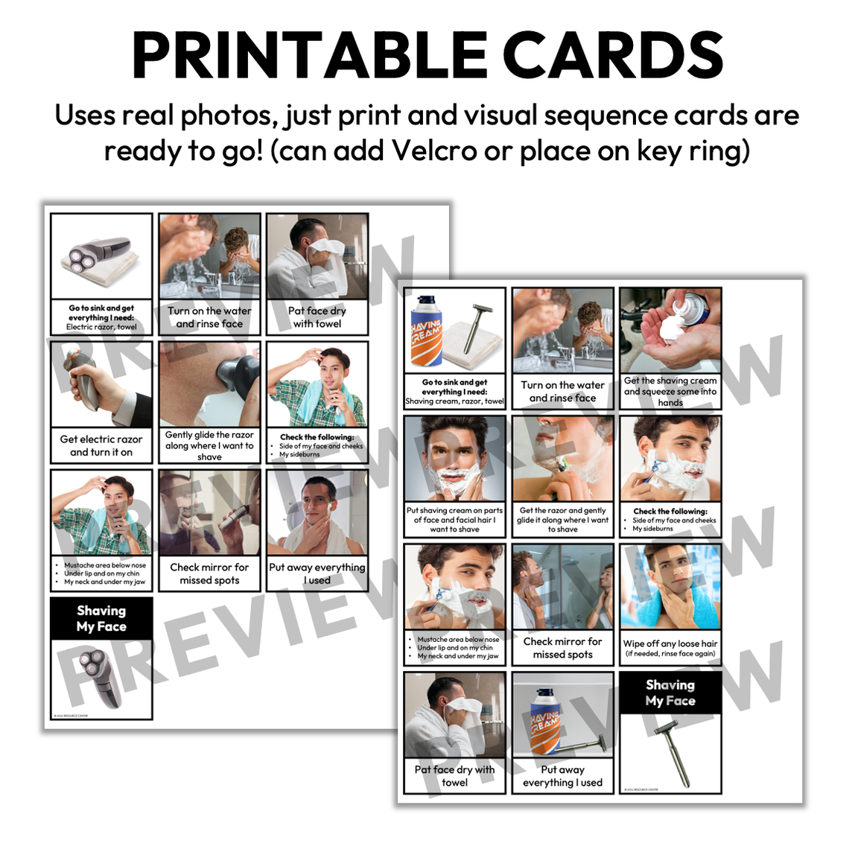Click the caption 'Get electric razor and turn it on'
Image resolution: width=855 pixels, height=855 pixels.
point(101,445)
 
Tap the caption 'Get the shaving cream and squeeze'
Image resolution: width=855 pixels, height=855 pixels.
point(670,391)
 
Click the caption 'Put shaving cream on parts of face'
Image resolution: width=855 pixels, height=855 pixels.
point(454,520)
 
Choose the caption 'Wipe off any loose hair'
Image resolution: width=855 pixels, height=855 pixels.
point(670,646)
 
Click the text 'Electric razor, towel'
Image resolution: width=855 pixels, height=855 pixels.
point(101,327)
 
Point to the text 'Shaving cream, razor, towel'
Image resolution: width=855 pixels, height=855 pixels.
point(454,401)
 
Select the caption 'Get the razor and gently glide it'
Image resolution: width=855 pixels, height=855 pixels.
point(562,520)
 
